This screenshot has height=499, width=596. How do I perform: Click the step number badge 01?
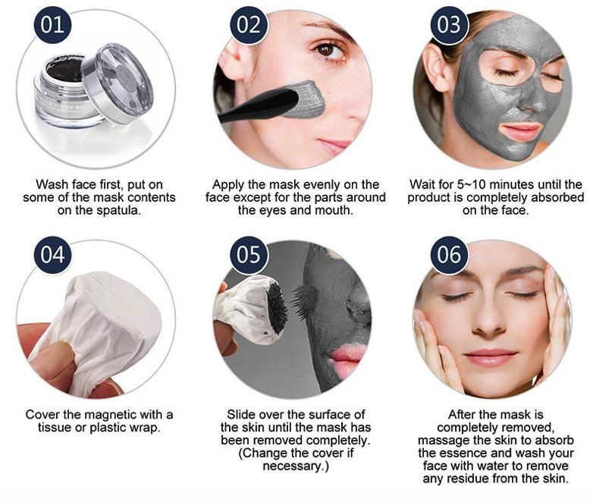(x=52, y=25)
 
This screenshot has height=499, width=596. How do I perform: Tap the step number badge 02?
(x=249, y=25)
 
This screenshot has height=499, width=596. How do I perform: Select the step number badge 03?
(x=449, y=25)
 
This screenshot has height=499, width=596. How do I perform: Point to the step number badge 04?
(x=52, y=255)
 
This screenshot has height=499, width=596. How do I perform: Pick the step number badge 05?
(x=249, y=255)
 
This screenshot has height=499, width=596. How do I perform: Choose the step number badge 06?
(x=449, y=255)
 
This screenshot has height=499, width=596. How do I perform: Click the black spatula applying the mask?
(x=259, y=105)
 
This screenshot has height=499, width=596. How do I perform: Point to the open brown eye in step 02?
(x=325, y=50)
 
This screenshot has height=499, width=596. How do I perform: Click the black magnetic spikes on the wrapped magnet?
(x=276, y=312)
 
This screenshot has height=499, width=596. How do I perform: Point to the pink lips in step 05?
(x=345, y=360)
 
